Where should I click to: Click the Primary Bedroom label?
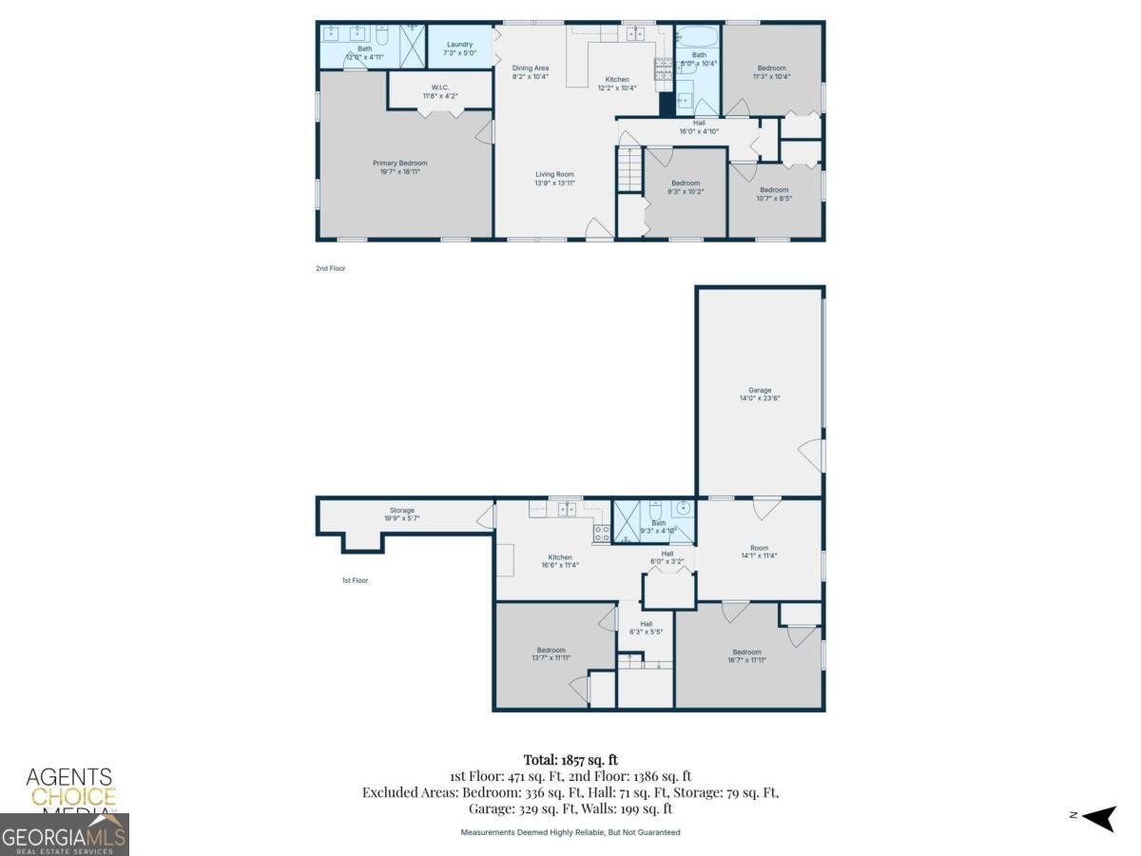click(399, 164)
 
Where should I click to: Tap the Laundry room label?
click(459, 44)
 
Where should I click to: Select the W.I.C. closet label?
click(438, 89)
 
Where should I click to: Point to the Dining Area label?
click(531, 68)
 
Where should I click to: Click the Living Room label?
click(554, 174)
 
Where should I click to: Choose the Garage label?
click(759, 390)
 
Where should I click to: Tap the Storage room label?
click(401, 511)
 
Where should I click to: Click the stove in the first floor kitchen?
click(602, 534)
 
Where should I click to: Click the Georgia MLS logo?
click(64, 835)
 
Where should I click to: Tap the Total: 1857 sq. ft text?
click(570, 759)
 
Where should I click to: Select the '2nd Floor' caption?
click(331, 269)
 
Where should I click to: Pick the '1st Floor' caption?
click(355, 580)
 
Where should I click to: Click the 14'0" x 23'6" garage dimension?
click(759, 399)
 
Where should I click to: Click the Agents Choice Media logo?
click(69, 788)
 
